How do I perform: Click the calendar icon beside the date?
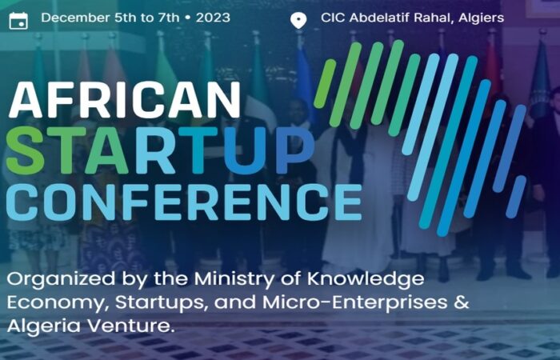pos(18,21)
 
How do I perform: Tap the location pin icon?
pos(298,20)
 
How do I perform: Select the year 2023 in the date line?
pos(214,18)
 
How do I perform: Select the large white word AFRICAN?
pos(124,100)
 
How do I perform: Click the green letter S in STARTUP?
pos(26,150)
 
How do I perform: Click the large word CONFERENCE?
pos(184,202)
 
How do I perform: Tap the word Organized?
pos(61,279)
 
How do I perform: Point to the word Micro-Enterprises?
pos(355,303)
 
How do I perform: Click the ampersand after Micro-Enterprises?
pos(462,302)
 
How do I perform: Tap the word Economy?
pos(58,303)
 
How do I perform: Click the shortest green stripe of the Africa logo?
pos(325,83)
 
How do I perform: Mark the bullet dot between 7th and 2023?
pos(187,18)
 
